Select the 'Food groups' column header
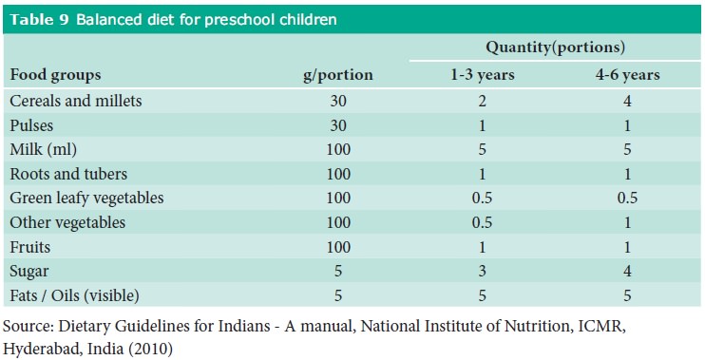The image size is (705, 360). [55, 74]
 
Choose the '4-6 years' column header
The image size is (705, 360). [624, 74]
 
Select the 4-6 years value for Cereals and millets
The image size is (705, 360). [623, 100]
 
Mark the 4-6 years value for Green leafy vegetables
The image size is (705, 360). [623, 199]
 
